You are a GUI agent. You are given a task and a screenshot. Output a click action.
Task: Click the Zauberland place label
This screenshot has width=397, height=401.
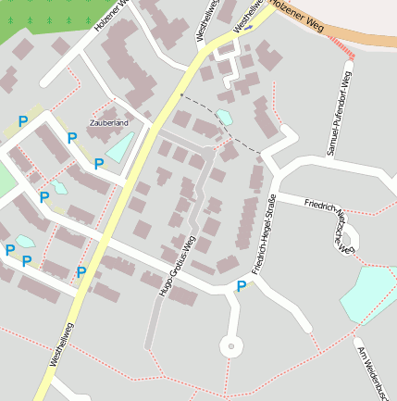tap(108, 122)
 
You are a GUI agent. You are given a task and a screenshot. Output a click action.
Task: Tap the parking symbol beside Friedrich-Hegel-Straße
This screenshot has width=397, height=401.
tap(242, 286)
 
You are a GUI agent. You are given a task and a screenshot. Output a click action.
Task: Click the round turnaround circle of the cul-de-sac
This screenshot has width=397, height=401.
tap(229, 347)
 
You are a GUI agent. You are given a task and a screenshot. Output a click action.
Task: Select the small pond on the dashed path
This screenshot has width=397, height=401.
tap(224, 118)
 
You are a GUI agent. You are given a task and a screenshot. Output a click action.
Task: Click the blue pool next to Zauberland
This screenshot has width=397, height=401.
tap(120, 146)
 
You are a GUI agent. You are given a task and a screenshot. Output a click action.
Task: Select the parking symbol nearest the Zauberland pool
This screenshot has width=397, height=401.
tap(99, 164)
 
